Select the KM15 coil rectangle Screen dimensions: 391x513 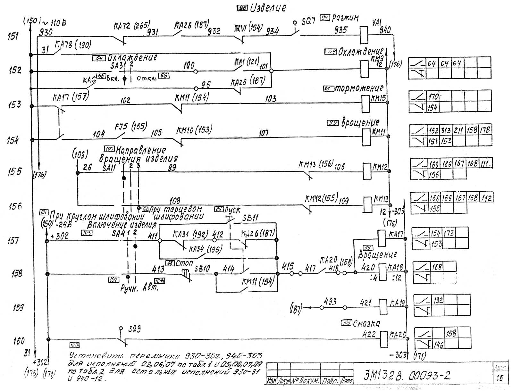pos(366,104)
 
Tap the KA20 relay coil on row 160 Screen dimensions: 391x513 pos(384,339)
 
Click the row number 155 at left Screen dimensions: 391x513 pos(15,171)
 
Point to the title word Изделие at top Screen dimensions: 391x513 pos(268,8)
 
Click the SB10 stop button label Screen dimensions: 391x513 pos(202,268)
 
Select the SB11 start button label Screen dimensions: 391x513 pos(250,218)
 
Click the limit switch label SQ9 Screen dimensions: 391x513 pos(134,329)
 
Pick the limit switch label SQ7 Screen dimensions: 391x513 pos(309,21)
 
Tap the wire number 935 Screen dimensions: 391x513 pos(341,30)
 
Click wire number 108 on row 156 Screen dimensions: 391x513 pos(175,201)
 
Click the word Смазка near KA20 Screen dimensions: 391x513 pos(366,323)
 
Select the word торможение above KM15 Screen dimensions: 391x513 pos(359,88)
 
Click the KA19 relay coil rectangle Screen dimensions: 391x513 pos(383,307)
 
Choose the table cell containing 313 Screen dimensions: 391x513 pos(446,130)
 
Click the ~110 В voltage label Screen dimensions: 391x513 pos(54,23)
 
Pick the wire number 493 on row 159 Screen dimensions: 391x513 pos(330,302)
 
